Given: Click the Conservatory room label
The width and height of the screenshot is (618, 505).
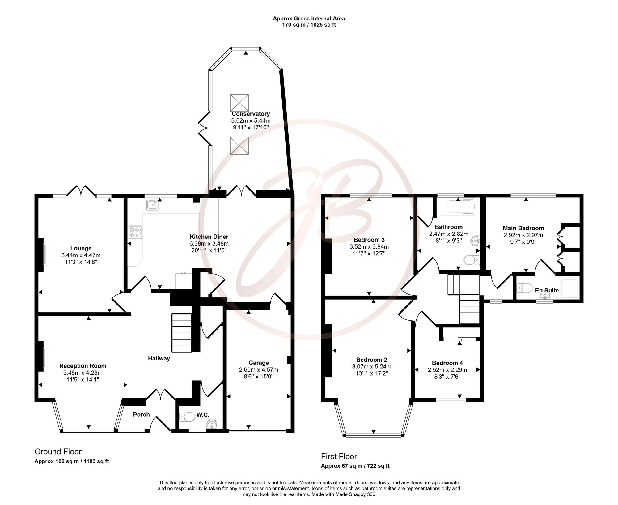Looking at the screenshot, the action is point(251,114).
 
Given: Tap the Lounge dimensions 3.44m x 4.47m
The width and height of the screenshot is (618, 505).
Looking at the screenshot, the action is point(81,255).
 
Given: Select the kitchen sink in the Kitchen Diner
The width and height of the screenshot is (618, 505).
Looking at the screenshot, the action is point(153,205).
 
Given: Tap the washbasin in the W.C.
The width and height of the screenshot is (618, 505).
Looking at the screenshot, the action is point(212,424).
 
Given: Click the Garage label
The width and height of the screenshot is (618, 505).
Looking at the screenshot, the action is point(259,363).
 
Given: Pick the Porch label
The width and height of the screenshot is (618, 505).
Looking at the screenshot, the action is point(141,414).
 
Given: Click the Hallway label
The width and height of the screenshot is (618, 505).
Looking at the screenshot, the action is point(159,358).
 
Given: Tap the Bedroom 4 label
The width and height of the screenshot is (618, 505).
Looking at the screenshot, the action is point(447,363).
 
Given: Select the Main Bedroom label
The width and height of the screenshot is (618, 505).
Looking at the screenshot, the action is point(523,228).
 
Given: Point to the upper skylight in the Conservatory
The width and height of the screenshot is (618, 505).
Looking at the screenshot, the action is point(239,103).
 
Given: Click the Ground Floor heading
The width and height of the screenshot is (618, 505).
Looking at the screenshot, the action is point(58,452).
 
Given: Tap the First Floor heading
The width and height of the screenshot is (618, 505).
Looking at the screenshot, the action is point(339,456).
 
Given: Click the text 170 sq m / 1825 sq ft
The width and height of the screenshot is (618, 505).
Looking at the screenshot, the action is point(309,25).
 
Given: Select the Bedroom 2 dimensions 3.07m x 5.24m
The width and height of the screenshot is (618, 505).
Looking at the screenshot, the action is point(372,367).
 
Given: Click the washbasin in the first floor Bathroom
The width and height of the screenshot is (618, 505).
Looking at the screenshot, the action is point(475,240).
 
